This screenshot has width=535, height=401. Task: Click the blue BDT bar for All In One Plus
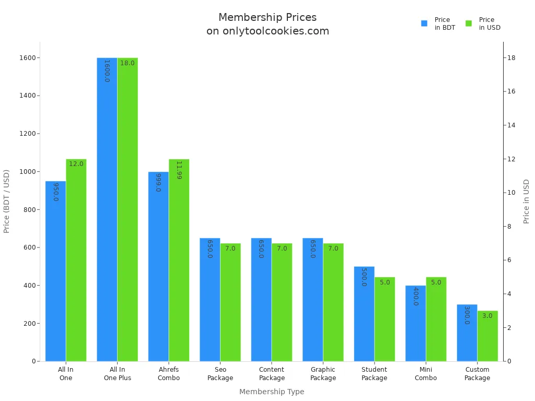(x=107, y=209)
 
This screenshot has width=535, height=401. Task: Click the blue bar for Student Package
(x=364, y=313)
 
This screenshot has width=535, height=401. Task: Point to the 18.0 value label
(x=127, y=63)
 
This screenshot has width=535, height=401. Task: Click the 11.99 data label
(x=179, y=170)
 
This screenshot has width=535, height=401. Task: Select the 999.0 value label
(x=158, y=182)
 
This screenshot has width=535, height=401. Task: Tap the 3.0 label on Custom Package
(x=487, y=316)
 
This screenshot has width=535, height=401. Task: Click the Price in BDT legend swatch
(x=424, y=23)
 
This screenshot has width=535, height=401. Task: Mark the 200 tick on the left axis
(x=31, y=323)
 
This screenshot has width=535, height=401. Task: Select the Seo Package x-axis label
(x=220, y=373)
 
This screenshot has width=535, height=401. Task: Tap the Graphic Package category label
(x=323, y=373)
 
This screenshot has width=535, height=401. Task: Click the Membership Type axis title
(x=272, y=392)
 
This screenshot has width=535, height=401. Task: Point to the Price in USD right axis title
(x=527, y=201)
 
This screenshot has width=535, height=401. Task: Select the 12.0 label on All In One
(x=76, y=164)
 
